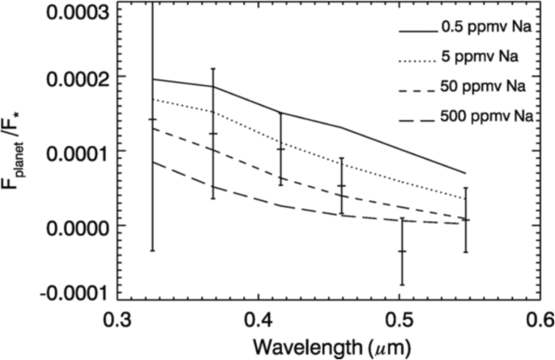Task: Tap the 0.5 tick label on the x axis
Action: pos(397,319)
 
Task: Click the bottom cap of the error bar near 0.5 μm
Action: pos(402,285)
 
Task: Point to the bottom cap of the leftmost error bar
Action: pos(152,251)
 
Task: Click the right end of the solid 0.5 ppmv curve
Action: pos(465,173)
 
